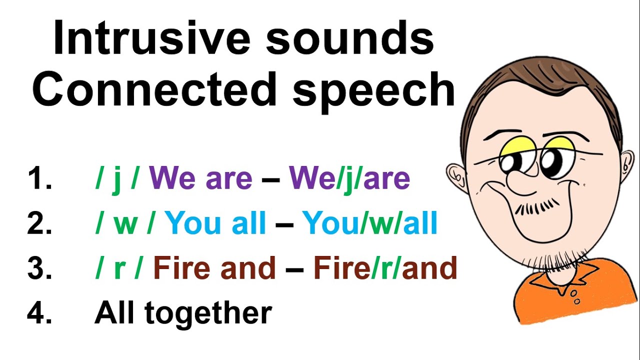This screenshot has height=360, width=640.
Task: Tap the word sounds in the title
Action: click(349, 39)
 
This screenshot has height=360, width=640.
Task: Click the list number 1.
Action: click(39, 178)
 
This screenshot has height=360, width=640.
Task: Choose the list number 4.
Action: click(39, 312)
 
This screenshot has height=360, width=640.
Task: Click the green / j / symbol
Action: click(116, 178)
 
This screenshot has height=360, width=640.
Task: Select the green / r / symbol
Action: click(119, 268)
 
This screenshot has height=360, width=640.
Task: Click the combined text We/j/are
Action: click(349, 178)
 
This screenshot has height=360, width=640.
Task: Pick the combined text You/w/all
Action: click(370, 223)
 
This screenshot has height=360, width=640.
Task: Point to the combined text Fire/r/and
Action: click(385, 268)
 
